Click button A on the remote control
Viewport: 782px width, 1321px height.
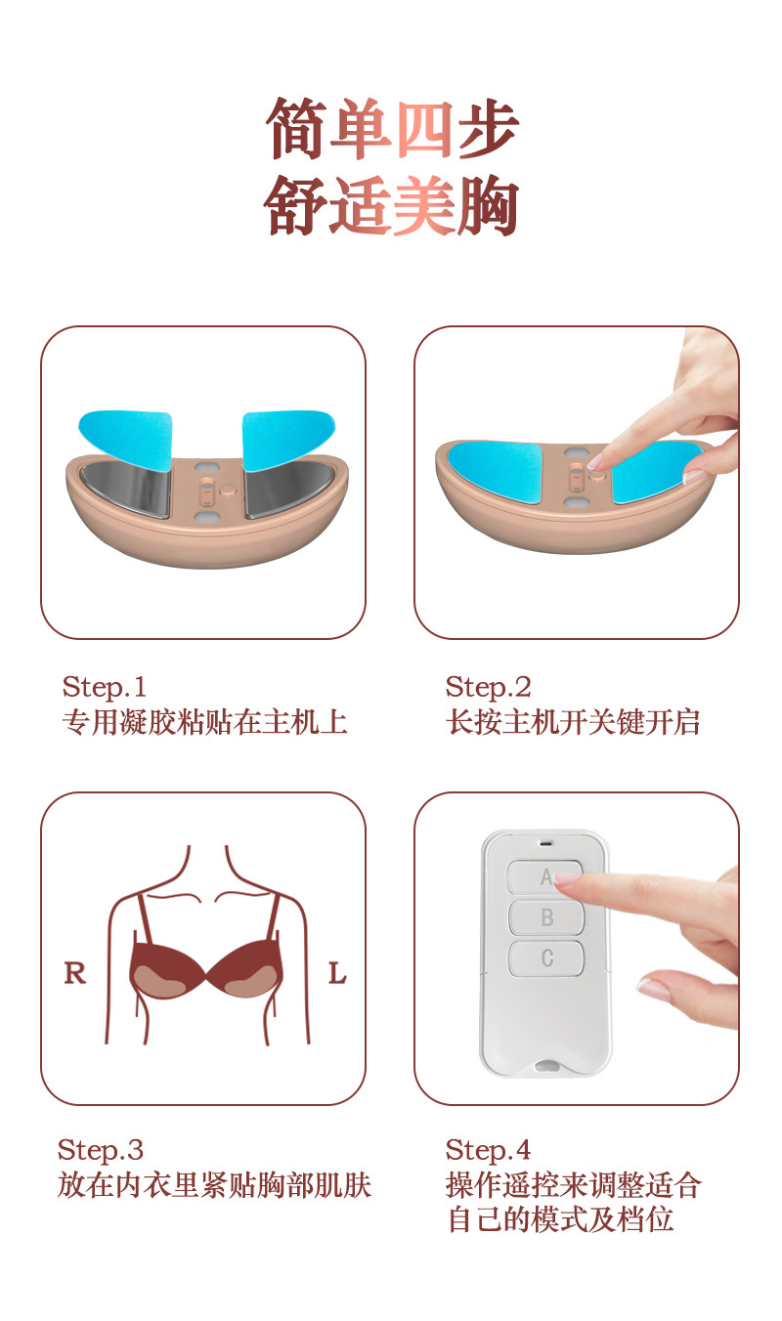pyautogui.click(x=544, y=877)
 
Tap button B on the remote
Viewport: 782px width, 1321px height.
pyautogui.click(x=545, y=917)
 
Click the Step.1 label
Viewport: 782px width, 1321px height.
pyautogui.click(x=104, y=687)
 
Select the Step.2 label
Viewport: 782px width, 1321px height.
pyautogui.click(x=489, y=687)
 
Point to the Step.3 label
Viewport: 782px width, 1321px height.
pyautogui.click(x=101, y=1150)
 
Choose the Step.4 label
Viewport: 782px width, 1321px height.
pyautogui.click(x=489, y=1150)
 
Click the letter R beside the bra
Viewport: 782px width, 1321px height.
pyautogui.click(x=75, y=973)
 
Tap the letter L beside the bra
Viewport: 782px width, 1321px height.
pyautogui.click(x=337, y=973)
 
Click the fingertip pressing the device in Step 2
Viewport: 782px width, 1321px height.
pyautogui.click(x=596, y=462)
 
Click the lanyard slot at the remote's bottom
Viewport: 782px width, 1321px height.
pyautogui.click(x=546, y=1066)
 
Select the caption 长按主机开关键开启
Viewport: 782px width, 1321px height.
pyautogui.click(x=573, y=723)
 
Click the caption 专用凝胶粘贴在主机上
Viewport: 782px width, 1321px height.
pyautogui.click(x=204, y=723)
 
